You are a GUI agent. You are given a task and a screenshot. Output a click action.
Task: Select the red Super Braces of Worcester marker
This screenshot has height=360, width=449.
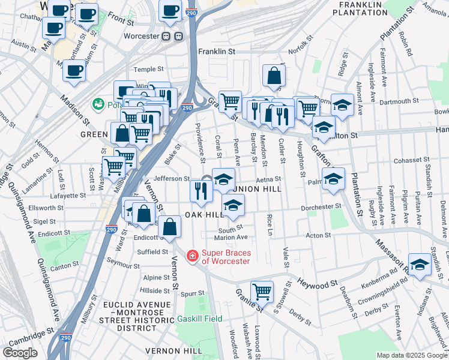point(192,256)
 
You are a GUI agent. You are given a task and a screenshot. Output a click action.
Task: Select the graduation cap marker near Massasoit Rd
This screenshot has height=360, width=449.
point(420,265)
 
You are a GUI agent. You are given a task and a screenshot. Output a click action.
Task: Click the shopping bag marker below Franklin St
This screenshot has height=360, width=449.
point(274,76)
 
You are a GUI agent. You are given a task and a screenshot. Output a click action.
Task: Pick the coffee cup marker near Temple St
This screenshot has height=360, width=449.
point(74,70)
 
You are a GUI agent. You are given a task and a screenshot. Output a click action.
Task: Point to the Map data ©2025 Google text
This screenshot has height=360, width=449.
point(411,355)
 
